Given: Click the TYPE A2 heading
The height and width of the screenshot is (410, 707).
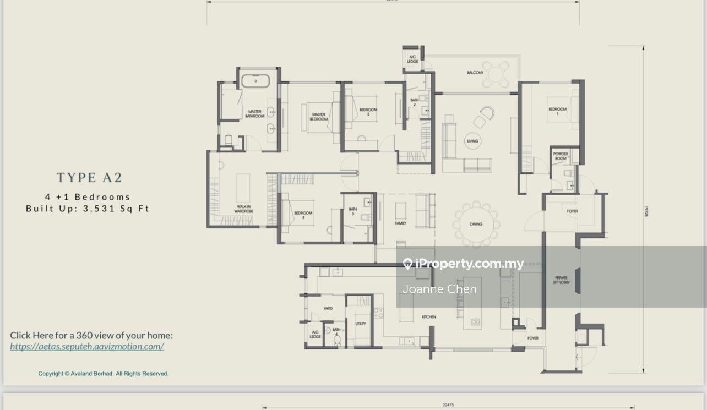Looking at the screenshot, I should point(89,177).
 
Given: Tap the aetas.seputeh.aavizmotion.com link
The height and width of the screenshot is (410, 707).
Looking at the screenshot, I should point(87,346).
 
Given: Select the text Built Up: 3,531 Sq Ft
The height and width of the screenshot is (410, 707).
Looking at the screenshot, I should point(88,209).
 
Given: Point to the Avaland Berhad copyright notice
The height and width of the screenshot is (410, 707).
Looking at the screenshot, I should point(103,374).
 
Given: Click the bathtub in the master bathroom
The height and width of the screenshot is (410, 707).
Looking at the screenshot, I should point(255,81).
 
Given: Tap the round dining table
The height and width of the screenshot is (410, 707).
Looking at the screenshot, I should point(476,224).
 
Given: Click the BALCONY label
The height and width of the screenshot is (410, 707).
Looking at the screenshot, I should point(475,73).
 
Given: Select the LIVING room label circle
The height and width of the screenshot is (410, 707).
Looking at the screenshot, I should point(472,141).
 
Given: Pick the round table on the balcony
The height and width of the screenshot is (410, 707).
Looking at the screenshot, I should point(497,74).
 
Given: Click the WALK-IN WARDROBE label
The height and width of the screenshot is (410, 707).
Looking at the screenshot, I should point(243,209).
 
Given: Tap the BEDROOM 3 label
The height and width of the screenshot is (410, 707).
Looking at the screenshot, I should point(303,215).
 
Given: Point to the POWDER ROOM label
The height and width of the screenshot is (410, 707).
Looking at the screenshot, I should point(561,156).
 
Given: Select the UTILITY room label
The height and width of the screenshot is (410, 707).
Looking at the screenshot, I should point(361,324).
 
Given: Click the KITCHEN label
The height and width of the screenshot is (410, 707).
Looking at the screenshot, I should point(429,317).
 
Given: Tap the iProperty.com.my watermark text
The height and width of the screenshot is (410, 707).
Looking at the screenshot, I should point(469,264).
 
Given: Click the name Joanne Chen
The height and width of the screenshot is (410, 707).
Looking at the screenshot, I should point(439,289).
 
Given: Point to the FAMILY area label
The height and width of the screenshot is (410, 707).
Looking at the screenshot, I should point(400,223).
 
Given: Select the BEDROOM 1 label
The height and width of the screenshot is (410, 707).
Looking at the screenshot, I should point(557,111).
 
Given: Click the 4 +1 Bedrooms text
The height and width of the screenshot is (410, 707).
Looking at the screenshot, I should point(88,196).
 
